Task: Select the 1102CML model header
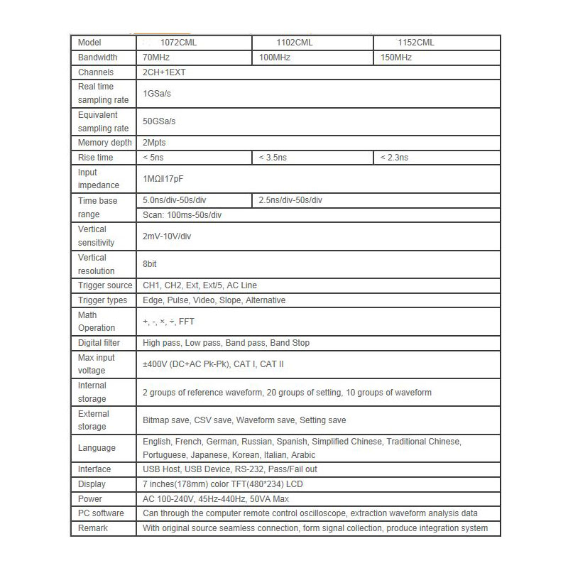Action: coord(295,43)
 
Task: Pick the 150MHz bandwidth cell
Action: coord(396,58)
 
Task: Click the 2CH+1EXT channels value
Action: coord(165,72)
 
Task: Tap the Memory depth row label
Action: coord(104,143)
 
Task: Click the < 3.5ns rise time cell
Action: coord(273,158)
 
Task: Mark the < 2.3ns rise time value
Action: coord(395,158)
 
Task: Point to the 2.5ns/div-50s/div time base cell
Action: coord(290,201)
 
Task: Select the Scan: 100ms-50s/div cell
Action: coord(182,214)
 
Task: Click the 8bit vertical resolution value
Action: coord(150,264)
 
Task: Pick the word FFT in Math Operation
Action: coord(187,322)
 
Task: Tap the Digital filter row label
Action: coord(104,343)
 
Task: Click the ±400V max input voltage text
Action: coord(156,364)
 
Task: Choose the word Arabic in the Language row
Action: coord(303,455)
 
